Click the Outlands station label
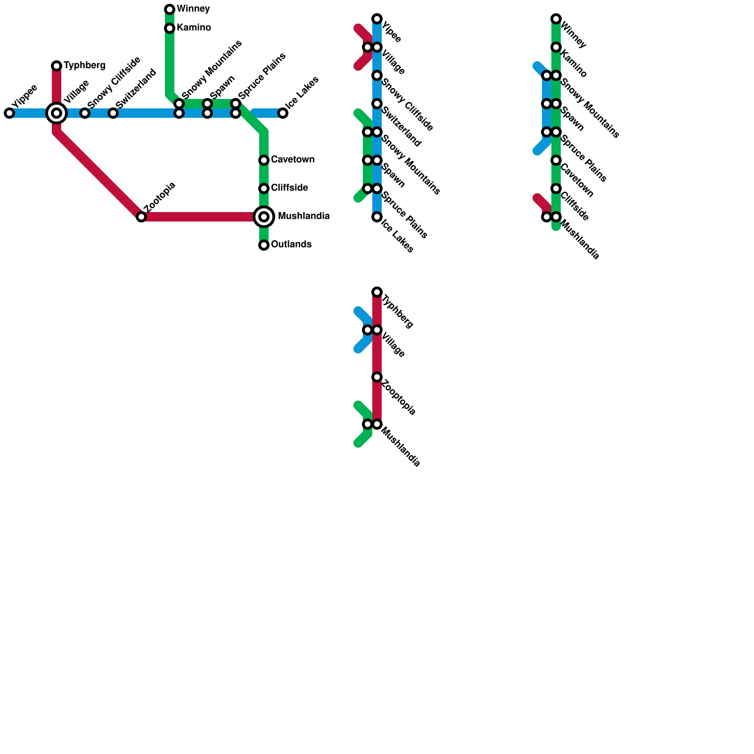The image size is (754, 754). click(291, 245)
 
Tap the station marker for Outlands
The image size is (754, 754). click(264, 245)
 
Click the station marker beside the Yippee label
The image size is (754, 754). click(9, 113)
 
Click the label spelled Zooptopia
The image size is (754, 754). click(399, 397)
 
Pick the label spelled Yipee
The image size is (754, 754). click(392, 32)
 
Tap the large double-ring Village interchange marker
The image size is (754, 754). click(57, 113)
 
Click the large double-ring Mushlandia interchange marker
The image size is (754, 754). click(264, 217)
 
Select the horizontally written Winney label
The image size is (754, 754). click(193, 9)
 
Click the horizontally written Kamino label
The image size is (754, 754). click(194, 28)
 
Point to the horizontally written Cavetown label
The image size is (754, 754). click(293, 160)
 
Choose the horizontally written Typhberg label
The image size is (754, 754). click(84, 66)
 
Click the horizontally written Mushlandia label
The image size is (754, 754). click(303, 216)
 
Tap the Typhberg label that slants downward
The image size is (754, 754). click(398, 311)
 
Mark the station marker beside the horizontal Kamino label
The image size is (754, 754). click(170, 28)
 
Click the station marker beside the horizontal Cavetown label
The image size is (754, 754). click(264, 160)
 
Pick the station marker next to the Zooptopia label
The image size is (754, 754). click(377, 377)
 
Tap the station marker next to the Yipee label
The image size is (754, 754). click(377, 19)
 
